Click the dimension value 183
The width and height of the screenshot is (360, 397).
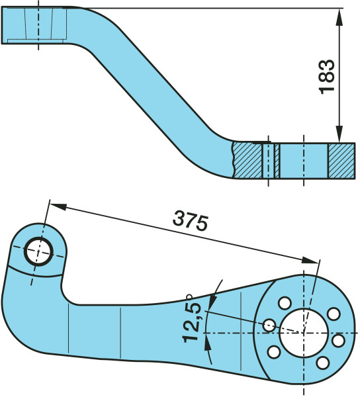pos(327,77)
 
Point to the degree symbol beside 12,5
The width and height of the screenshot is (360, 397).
pos(189,296)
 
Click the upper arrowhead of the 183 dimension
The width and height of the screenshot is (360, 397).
pos(339,17)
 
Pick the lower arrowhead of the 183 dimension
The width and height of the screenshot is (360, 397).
pos(339,134)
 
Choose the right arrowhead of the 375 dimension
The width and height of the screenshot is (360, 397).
pos(310,261)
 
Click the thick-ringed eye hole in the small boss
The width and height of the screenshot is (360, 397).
pos(38,251)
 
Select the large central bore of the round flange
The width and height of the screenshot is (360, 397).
pos(304,333)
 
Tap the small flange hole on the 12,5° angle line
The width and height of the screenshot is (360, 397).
pos(269,326)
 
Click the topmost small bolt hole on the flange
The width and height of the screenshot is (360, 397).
pos(285,303)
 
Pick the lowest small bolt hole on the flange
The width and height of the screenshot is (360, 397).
pos(323,363)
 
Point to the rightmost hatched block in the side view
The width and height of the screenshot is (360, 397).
pos(341,161)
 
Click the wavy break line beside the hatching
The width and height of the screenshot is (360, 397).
pos(233,159)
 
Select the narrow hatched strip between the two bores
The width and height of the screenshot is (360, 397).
pos(277,161)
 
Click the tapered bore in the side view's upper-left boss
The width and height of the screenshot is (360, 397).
pos(38,24)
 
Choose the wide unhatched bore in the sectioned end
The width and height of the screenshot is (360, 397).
pos(304,161)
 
